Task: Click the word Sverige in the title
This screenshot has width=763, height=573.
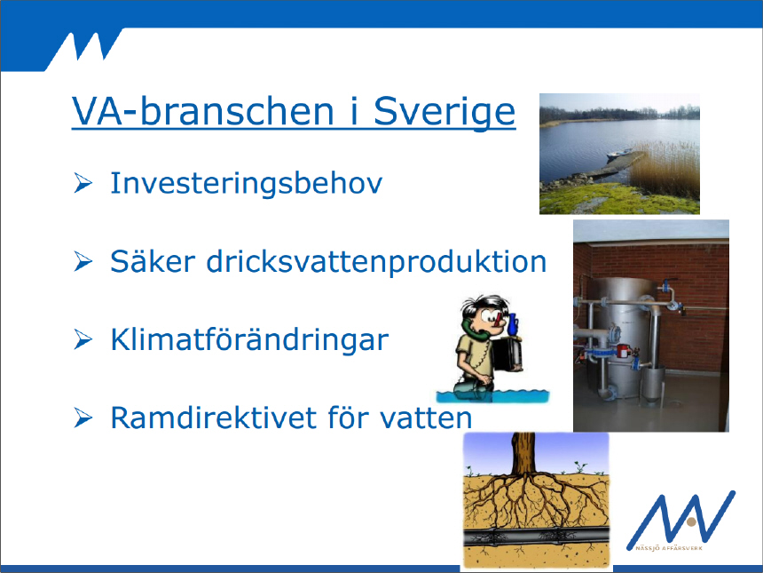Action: (444, 113)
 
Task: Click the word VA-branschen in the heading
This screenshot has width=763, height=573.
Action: (203, 111)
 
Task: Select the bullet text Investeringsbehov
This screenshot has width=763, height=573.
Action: (247, 184)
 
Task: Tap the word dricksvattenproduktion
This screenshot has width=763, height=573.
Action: (377, 262)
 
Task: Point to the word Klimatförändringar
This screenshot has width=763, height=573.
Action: (249, 339)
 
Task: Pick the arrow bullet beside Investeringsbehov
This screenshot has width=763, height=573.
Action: (83, 183)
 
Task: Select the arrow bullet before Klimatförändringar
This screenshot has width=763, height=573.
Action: (83, 339)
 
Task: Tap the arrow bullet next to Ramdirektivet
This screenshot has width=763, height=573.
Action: (83, 418)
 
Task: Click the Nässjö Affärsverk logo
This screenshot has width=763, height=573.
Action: (680, 521)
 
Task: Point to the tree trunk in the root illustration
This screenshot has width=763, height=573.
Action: (523, 453)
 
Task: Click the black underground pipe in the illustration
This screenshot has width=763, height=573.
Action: (536, 536)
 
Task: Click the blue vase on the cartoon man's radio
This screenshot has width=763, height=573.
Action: (513, 324)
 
